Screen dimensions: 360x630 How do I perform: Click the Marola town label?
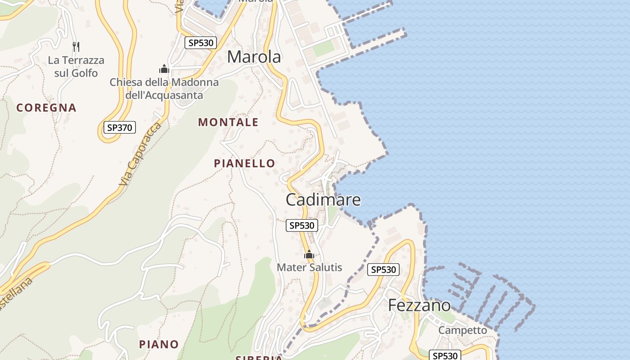click(254, 57)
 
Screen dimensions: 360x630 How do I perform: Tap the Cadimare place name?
click(323, 200)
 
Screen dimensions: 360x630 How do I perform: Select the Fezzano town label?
click(419, 306)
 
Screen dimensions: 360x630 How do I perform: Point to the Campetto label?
click(463, 330)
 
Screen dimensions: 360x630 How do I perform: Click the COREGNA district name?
click(46, 108)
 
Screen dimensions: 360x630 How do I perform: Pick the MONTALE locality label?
click(228, 122)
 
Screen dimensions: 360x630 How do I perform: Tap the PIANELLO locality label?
click(244, 163)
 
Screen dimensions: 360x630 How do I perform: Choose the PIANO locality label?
click(159, 345)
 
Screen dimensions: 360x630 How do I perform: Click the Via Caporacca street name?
click(140, 154)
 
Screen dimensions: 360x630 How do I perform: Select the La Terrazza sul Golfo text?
click(76, 66)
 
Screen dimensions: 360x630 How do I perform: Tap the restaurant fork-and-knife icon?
click(76, 46)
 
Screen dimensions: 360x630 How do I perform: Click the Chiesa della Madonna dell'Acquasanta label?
click(164, 89)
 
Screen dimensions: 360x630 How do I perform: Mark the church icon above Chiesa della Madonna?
click(164, 69)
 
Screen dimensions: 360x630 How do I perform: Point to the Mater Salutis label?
click(309, 267)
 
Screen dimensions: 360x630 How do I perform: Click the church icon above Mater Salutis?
click(309, 255)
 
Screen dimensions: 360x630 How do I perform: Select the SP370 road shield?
click(119, 127)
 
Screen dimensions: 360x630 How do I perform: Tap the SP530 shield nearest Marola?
click(201, 43)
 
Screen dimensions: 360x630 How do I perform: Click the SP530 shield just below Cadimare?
click(302, 225)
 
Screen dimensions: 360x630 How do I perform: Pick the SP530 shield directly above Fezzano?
click(383, 270)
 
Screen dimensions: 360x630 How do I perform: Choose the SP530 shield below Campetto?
click(445, 355)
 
